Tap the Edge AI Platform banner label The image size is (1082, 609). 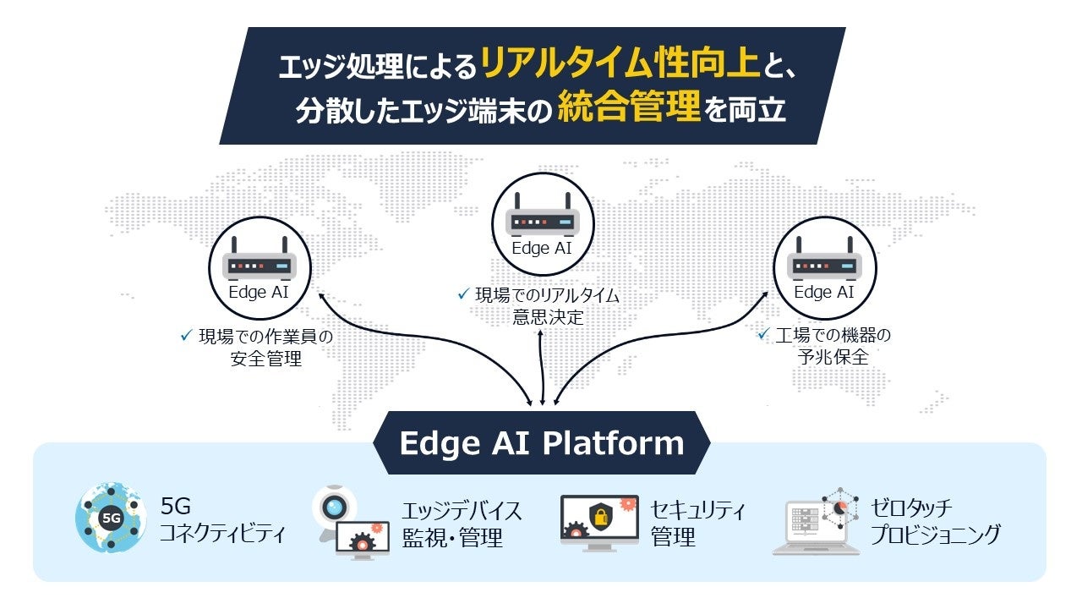(541, 443)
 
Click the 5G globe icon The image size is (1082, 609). (111, 518)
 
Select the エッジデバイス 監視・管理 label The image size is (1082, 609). (462, 524)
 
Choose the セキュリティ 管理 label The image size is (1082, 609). (697, 523)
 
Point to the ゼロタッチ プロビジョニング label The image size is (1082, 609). (935, 521)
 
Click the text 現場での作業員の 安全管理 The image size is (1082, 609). (265, 347)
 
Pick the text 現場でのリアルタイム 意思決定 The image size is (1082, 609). (547, 306)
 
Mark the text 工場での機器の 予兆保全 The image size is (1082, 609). (833, 345)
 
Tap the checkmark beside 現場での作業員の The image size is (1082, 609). (187, 336)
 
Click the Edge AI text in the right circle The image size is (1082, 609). (824, 293)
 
